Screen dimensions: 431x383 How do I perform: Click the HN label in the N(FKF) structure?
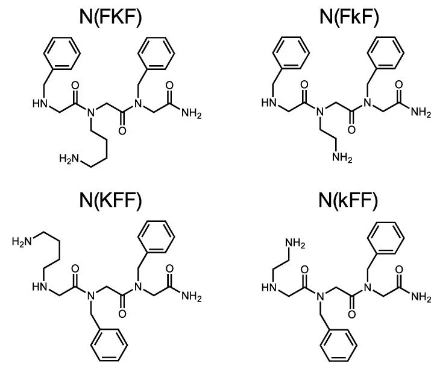[x=40, y=104]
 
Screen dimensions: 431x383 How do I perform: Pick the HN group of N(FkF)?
[x=269, y=104]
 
